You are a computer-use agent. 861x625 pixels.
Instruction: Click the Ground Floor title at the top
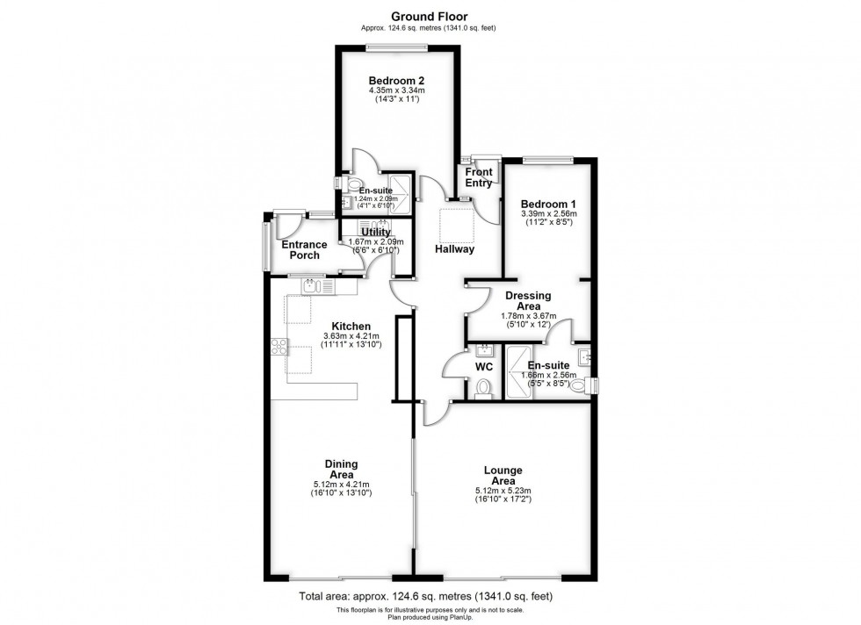coord(430,16)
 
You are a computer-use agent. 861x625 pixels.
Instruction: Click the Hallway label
coord(454,249)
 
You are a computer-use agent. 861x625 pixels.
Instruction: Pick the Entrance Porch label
coord(300,249)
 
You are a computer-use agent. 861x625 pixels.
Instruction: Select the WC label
coord(485,365)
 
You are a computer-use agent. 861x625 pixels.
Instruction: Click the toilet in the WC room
coord(481,387)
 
